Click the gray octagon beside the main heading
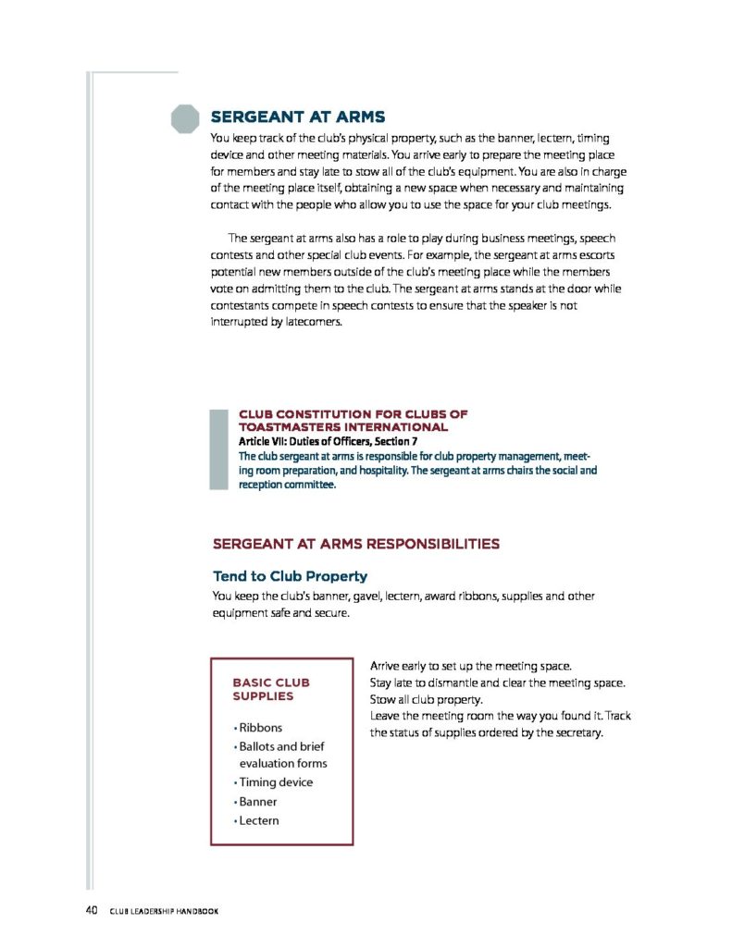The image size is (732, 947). tap(186, 118)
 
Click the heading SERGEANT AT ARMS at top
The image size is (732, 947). tap(297, 117)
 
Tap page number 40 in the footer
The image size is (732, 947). tap(92, 911)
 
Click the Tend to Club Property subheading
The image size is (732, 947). tap(290, 575)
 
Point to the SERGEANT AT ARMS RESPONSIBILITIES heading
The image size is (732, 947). tap(356, 544)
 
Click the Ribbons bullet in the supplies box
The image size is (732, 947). tap(260, 728)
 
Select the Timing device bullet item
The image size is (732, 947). tap(275, 782)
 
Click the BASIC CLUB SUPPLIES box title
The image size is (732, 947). tap(271, 689)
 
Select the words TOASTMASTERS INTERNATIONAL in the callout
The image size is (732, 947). tap(343, 427)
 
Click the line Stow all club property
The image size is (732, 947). tap(428, 699)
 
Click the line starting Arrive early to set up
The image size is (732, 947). tap(470, 666)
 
